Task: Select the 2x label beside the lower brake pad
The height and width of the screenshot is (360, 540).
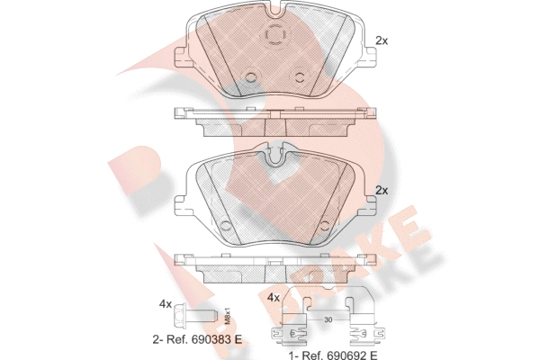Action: click(381, 190)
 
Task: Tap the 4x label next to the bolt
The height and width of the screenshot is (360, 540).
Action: click(165, 304)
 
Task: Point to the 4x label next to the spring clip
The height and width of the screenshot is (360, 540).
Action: click(274, 297)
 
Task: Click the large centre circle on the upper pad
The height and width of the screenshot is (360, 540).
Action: click(273, 35)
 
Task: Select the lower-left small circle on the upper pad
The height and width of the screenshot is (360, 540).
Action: click(252, 76)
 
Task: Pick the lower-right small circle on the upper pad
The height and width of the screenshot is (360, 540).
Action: click(296, 76)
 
